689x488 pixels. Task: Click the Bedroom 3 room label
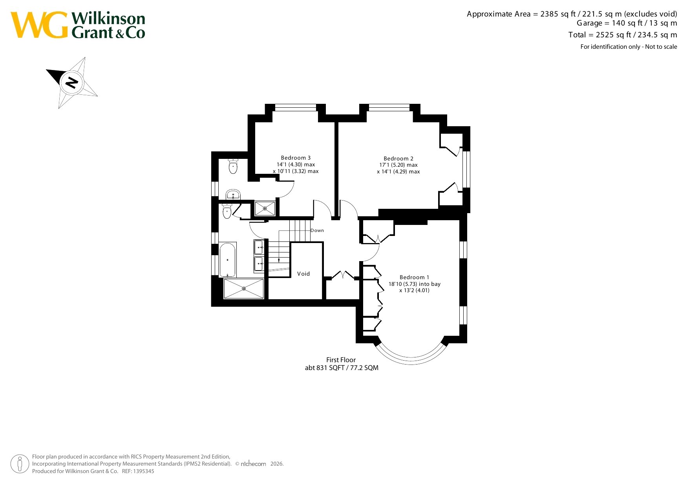pyautogui.click(x=296, y=158)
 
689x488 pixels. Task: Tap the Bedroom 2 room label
pyautogui.click(x=398, y=158)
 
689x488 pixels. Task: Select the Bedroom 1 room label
pyautogui.click(x=415, y=277)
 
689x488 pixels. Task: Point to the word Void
pyautogui.click(x=303, y=274)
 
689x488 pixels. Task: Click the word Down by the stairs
pyautogui.click(x=317, y=230)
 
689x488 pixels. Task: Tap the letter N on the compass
pyautogui.click(x=71, y=83)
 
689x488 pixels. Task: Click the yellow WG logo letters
pyautogui.click(x=39, y=25)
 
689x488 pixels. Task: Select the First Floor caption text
pyautogui.click(x=341, y=360)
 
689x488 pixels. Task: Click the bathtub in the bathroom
pyautogui.click(x=228, y=260)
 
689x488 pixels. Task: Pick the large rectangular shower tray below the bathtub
pyautogui.click(x=244, y=289)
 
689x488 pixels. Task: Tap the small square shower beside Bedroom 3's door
pyautogui.click(x=265, y=208)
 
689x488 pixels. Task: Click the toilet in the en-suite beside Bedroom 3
pyautogui.click(x=233, y=166)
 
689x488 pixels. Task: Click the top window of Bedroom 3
pyautogui.click(x=296, y=107)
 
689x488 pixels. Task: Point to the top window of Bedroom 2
pyautogui.click(x=389, y=107)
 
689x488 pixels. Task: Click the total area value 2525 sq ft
pyautogui.click(x=613, y=35)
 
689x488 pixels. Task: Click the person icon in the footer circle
pyautogui.click(x=20, y=464)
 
